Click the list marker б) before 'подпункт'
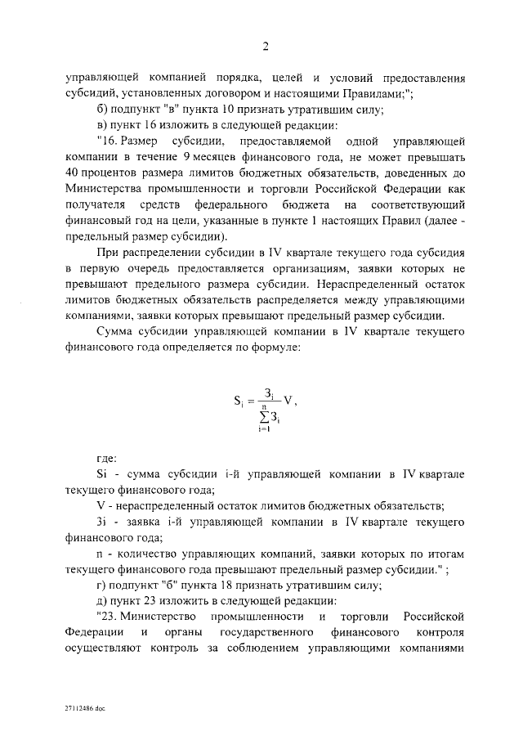coord(102,110)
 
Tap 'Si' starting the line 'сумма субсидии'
coord(102,473)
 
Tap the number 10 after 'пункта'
coord(233,110)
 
